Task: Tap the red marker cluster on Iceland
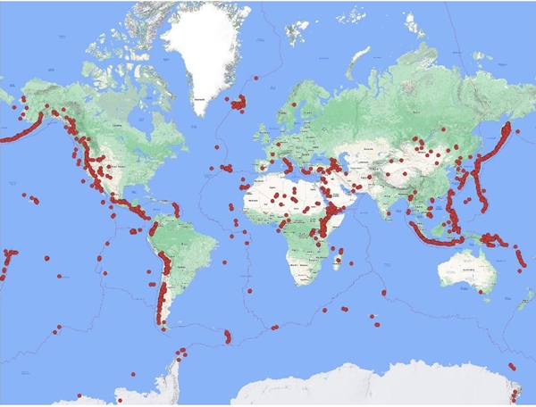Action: (x=239, y=104)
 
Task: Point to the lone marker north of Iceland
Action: (x=255, y=79)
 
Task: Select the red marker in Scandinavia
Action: (x=293, y=104)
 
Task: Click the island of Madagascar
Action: (x=340, y=258)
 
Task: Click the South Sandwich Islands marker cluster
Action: (x=228, y=336)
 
